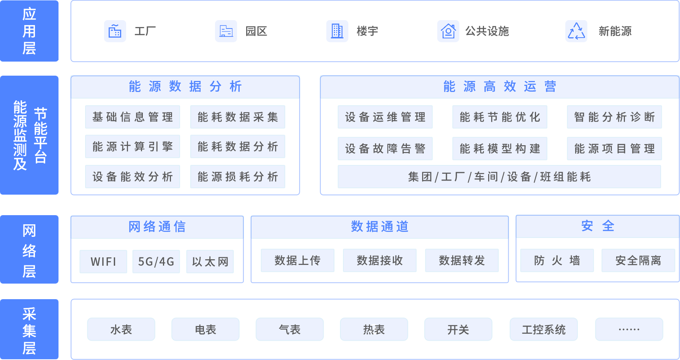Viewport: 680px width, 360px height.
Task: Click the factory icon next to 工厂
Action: (115, 31)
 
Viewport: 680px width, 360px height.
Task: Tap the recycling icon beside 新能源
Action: (576, 31)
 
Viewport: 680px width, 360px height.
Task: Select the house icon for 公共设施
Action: (448, 31)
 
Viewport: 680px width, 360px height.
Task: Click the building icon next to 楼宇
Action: (337, 31)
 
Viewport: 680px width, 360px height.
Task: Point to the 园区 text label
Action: (256, 31)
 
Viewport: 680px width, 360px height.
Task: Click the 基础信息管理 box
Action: (133, 117)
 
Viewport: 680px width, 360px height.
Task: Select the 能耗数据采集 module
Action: (237, 117)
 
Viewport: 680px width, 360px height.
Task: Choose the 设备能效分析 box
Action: (133, 176)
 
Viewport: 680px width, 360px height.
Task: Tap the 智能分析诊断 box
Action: (614, 117)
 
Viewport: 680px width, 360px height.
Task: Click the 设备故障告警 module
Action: (385, 149)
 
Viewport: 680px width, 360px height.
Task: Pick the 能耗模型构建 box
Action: (500, 149)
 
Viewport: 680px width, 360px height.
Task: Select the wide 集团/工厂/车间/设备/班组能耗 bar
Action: (499, 177)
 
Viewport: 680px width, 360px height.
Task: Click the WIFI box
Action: (103, 262)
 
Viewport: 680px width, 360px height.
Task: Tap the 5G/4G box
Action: (156, 262)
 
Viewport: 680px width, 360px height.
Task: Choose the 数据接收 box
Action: (380, 260)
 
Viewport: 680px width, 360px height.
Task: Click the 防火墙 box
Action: (557, 260)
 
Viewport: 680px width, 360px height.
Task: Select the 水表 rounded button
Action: (121, 329)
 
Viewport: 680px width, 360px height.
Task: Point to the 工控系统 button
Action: (544, 329)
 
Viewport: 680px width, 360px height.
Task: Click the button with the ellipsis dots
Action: (629, 329)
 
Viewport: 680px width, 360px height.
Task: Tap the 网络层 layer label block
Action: (29, 249)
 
